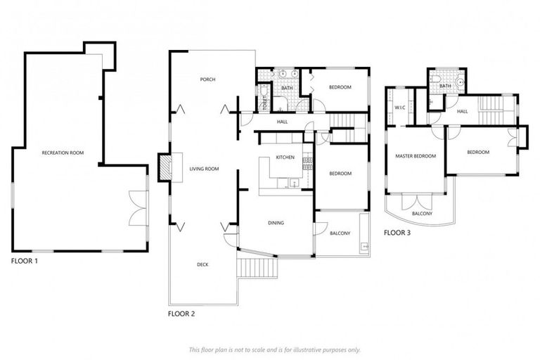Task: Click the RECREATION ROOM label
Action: click(x=59, y=152)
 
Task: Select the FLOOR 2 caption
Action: click(x=181, y=314)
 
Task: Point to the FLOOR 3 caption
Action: click(x=398, y=233)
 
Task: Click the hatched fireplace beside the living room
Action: click(x=164, y=167)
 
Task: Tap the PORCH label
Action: click(x=207, y=79)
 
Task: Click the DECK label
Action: click(x=202, y=264)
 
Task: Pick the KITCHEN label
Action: click(x=284, y=157)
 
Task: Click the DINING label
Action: click(x=276, y=223)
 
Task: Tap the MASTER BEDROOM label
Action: click(x=415, y=156)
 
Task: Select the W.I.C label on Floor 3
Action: click(x=400, y=108)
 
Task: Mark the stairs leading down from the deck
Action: click(x=258, y=268)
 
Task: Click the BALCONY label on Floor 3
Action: click(x=421, y=214)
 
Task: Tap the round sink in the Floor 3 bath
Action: click(x=461, y=82)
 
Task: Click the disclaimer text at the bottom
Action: click(x=274, y=349)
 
